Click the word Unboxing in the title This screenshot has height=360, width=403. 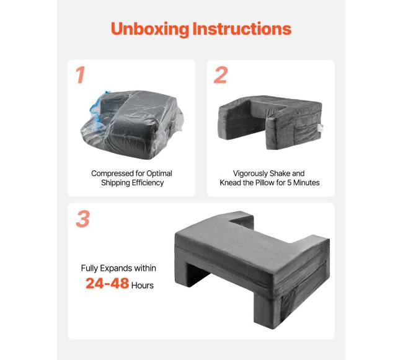point(150,29)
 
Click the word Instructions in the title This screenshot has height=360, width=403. point(242,29)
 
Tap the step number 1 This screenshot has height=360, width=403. point(81,75)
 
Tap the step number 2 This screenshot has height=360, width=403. point(221,75)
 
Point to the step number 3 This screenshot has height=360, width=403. point(82,219)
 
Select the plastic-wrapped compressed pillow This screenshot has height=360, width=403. point(132,125)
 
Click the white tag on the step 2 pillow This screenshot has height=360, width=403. point(321,128)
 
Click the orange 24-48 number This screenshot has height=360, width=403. point(107,283)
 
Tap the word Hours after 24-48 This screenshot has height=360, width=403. point(143,285)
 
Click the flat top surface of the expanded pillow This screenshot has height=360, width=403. point(247,244)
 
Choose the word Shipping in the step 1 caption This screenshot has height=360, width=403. point(115,183)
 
